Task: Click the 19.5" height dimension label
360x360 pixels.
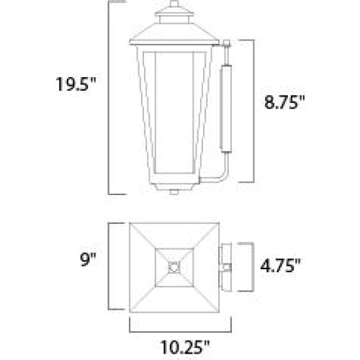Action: (x=76, y=84)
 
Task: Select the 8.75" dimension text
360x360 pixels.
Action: (x=284, y=102)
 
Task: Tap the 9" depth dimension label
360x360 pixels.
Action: (x=88, y=259)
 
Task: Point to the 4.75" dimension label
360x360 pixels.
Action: (x=281, y=266)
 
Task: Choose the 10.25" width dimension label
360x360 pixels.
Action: (x=185, y=346)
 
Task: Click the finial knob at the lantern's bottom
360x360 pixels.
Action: (x=174, y=192)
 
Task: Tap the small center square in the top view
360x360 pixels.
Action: (x=174, y=267)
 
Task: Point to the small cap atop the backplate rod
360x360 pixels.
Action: (x=227, y=43)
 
